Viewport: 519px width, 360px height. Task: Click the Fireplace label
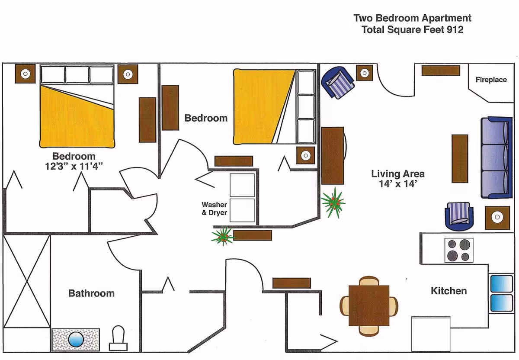tap(491, 80)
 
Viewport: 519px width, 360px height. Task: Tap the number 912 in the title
tap(455, 30)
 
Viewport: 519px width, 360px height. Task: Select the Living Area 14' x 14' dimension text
tap(398, 179)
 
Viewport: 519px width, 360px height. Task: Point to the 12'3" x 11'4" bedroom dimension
tap(74, 166)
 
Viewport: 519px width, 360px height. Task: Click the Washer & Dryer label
tap(215, 209)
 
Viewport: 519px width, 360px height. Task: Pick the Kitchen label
tap(449, 291)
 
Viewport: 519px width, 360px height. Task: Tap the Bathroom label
tap(91, 293)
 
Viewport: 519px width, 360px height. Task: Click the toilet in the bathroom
tap(118, 338)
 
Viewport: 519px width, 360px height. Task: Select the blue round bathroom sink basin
tap(76, 339)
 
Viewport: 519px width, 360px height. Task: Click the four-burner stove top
tap(459, 250)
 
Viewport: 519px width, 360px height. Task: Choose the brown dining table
tap(369, 305)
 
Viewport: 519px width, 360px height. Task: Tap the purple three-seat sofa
tap(497, 158)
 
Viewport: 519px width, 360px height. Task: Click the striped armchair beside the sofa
tap(459, 216)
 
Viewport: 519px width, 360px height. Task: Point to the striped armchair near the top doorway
tap(338, 83)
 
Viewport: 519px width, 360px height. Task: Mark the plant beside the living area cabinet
tap(333, 203)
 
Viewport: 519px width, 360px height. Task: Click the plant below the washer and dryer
tap(222, 236)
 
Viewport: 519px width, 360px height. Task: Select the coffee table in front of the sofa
tap(460, 158)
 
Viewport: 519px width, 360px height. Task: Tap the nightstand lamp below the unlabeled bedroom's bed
tap(306, 155)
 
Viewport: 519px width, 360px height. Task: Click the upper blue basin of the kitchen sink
tap(501, 283)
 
